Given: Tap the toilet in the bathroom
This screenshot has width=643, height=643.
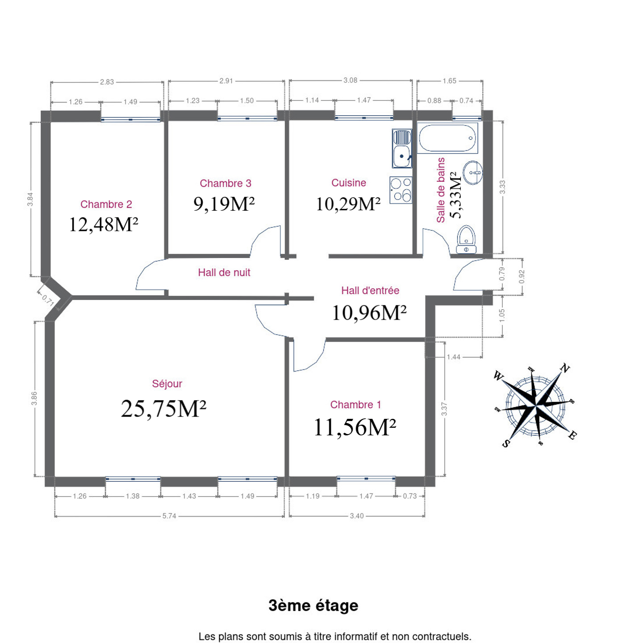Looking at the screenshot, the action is click(466, 239).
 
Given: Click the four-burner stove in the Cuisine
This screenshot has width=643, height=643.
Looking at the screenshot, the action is click(401, 190).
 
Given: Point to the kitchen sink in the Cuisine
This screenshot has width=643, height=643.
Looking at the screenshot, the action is click(402, 148).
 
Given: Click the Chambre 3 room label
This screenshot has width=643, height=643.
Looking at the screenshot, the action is click(225, 183).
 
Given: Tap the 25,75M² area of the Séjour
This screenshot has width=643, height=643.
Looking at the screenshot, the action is click(163, 409).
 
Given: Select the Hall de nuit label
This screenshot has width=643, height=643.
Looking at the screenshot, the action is click(224, 273).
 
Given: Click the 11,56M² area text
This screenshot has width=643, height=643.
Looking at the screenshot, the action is click(355, 427).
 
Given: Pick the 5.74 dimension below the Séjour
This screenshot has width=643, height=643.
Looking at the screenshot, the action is click(169, 516).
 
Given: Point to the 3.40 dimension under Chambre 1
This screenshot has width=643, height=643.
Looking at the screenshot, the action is click(357, 516).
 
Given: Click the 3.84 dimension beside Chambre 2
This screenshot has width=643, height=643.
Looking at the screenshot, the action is click(30, 199).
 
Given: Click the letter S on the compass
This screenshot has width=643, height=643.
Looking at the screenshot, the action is click(506, 443).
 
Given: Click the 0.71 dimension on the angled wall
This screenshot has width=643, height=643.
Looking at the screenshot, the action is click(48, 301).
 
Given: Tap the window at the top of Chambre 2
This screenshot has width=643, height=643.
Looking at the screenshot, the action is click(131, 119).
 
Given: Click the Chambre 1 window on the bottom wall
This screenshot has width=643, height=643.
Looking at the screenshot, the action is click(366, 479).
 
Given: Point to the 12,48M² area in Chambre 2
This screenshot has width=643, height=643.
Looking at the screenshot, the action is click(104, 224).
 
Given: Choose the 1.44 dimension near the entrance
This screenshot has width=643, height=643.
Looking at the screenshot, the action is click(454, 357).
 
